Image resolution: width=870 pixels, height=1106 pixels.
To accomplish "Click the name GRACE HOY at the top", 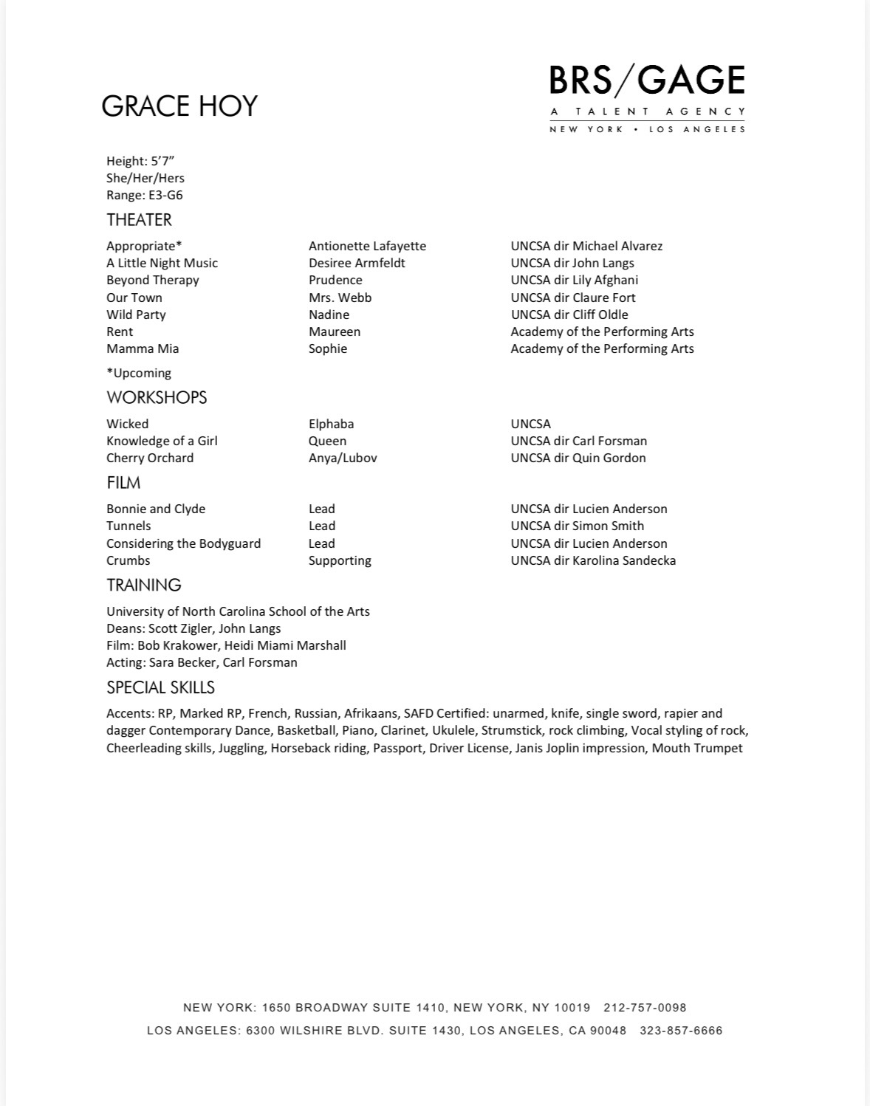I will point(179,106).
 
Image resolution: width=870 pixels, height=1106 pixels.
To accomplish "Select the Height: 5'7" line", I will point(140,161).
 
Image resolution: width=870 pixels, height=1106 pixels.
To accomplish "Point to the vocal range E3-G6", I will point(165,195).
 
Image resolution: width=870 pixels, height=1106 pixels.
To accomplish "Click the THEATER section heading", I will point(139,220).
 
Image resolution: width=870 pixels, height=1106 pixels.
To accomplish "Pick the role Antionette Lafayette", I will point(367,246).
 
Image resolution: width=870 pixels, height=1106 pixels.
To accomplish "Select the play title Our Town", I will point(134,298).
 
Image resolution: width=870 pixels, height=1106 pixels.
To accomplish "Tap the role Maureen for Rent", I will point(335,332).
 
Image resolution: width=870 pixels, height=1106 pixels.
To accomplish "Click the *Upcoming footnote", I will point(139,373).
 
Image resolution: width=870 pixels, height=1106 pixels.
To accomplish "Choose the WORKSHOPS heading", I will point(157,397).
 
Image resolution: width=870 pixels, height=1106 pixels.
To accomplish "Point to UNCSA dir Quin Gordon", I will point(578,458).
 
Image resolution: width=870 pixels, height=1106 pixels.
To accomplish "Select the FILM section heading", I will point(123,483).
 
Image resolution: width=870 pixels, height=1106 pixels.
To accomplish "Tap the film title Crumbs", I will point(129,560).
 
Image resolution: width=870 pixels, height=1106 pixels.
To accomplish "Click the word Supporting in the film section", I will point(340,560).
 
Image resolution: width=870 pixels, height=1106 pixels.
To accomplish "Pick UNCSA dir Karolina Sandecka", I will point(593,560).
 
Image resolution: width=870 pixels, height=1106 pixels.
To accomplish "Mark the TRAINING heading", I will point(144,585).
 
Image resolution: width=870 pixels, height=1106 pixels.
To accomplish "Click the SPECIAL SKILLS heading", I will point(160,687).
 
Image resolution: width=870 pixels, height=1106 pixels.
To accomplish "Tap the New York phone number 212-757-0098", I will point(645,1008).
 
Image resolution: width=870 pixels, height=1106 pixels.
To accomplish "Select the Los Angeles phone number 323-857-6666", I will point(681,1031).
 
